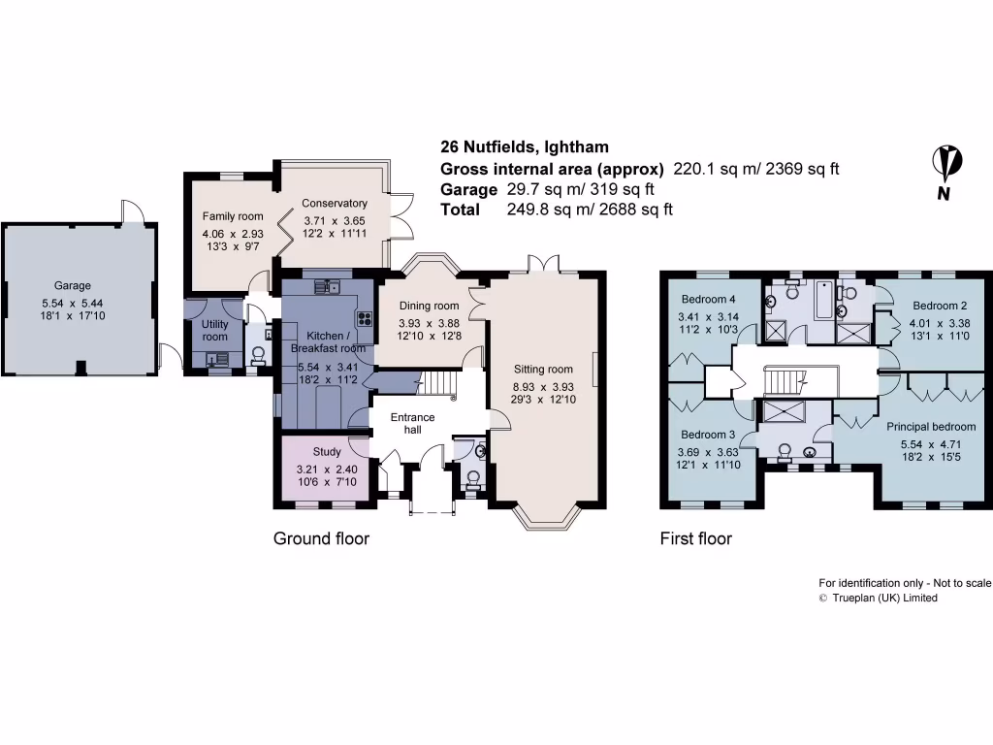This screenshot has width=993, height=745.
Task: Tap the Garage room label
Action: (x=73, y=285)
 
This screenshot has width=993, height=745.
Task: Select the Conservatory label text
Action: (x=335, y=204)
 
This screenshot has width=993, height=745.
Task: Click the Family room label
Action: (x=233, y=216)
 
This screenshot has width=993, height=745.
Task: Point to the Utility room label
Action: (x=215, y=330)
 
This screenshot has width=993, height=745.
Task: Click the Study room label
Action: (x=327, y=451)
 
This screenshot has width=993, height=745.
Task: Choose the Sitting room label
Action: (x=544, y=369)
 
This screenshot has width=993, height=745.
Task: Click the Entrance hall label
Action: (x=413, y=423)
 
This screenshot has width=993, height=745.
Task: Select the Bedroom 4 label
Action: (x=709, y=298)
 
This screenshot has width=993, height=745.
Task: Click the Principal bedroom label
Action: (x=931, y=426)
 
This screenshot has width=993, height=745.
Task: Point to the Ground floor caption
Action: (x=321, y=538)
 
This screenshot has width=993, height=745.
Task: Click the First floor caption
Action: (x=695, y=538)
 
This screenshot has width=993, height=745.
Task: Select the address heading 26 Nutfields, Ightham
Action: (x=525, y=147)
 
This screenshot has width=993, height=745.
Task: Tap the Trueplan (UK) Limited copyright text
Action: (x=879, y=599)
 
